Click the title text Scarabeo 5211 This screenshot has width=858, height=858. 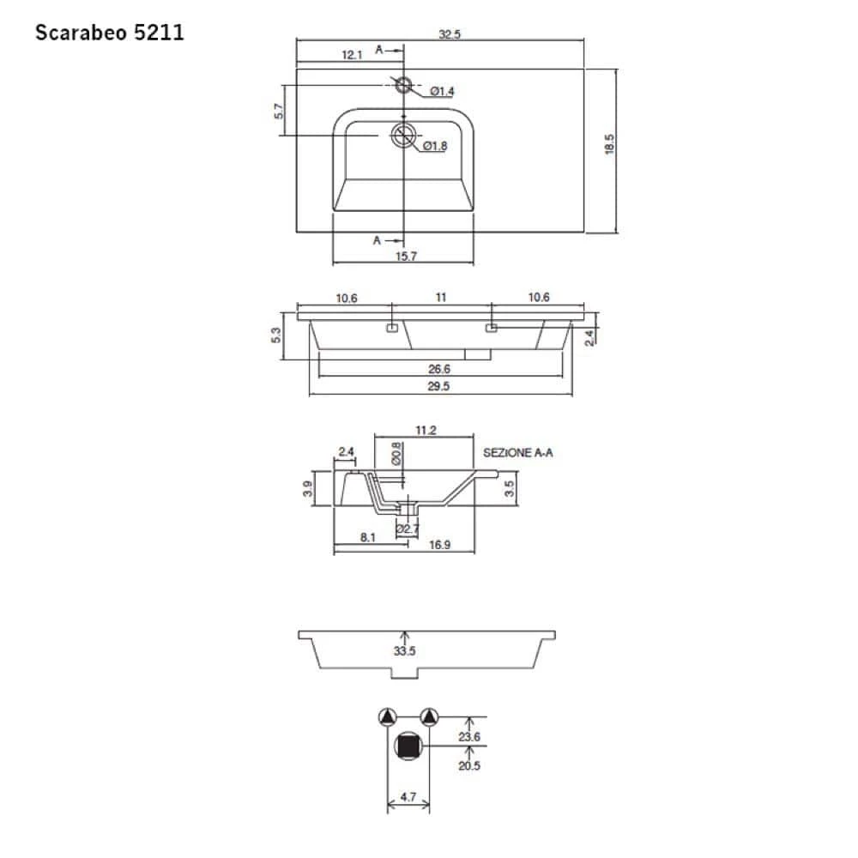coord(109,33)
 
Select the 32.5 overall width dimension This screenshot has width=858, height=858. coord(450,34)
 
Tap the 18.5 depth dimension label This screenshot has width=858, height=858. coord(609,143)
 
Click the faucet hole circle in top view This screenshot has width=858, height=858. coord(403,83)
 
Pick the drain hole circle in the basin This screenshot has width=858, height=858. coord(403,135)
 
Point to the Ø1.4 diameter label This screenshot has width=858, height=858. coord(442,92)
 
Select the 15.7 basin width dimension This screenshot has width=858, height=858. coord(404,257)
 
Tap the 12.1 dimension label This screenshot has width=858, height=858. coord(352,54)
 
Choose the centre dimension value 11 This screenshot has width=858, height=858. coord(441,298)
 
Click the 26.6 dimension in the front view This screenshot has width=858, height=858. coord(439,369)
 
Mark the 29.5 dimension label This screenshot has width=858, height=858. coord(439,387)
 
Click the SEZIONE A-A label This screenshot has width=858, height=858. coord(517,452)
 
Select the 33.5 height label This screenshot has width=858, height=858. coord(405,651)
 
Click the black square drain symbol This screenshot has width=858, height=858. coord(408,746)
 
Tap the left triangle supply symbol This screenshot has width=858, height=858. coord(388,717)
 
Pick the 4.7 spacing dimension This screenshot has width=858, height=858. coord(408,797)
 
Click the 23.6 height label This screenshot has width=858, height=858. coord(469,736)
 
